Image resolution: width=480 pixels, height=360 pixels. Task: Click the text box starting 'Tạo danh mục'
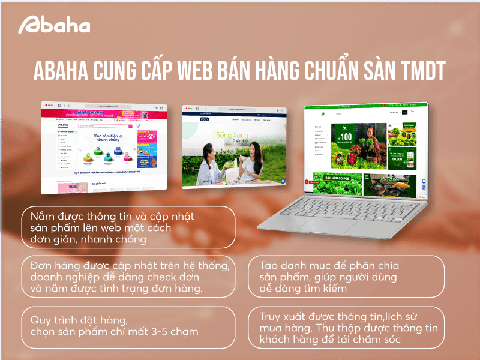click(x=346, y=277)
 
